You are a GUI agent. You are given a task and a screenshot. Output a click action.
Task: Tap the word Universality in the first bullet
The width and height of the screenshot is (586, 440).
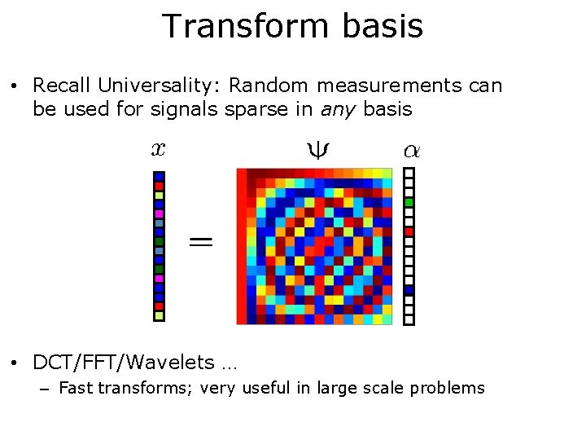(x=161, y=86)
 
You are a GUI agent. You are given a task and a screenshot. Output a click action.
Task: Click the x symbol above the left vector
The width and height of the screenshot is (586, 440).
(x=158, y=148)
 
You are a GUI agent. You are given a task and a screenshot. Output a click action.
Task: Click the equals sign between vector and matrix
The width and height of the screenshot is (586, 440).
(x=202, y=241)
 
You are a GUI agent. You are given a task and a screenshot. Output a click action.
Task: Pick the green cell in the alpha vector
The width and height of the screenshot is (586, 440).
(x=409, y=202)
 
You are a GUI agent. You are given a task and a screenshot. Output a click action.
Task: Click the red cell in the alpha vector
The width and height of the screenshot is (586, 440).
(x=409, y=231)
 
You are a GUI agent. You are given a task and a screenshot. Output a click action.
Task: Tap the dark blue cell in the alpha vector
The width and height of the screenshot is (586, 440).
(x=409, y=290)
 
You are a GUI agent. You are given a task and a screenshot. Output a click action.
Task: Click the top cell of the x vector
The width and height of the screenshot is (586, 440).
(x=160, y=176)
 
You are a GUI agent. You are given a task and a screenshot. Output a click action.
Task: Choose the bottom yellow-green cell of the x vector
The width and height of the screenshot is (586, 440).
(x=160, y=315)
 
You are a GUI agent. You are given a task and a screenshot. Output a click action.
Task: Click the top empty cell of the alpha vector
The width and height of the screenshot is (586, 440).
(x=409, y=173)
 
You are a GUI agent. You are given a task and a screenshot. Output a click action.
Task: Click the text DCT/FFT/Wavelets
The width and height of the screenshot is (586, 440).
(x=123, y=363)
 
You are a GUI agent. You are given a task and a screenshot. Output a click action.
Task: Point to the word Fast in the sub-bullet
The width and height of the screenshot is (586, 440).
(x=76, y=389)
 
